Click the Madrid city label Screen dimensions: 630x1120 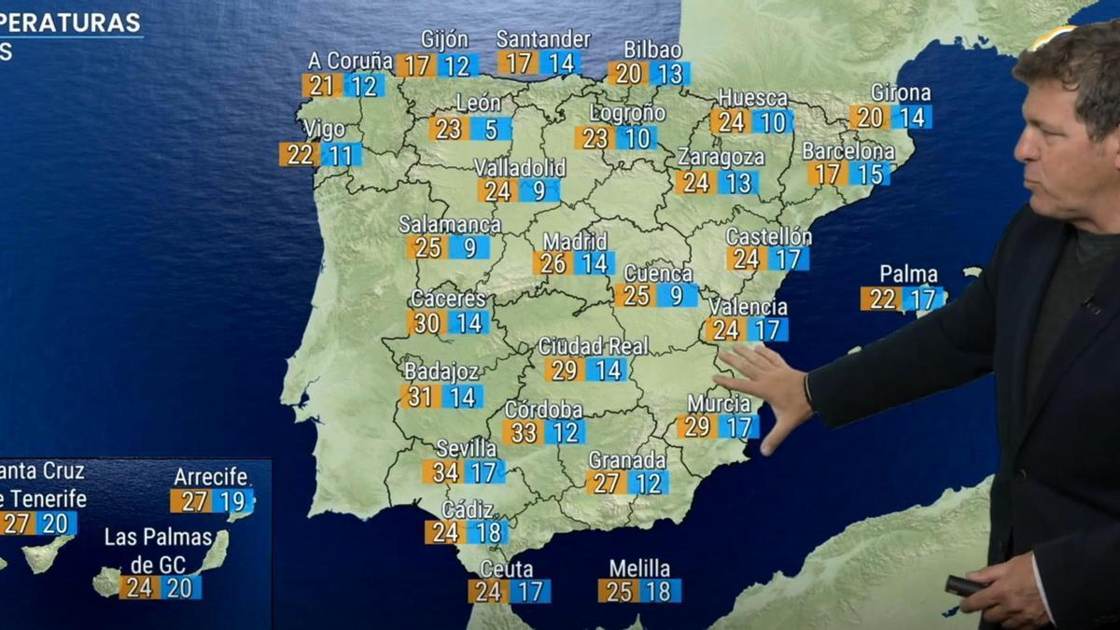[575, 242]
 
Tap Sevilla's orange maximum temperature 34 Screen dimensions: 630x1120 [444, 472]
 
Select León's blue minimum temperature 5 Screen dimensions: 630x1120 [491, 129]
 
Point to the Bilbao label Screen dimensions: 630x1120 [652, 50]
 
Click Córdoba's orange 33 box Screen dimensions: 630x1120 [525, 432]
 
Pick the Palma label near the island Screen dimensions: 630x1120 [908, 274]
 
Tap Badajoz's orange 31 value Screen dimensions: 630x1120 [421, 397]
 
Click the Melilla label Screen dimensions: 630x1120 [639, 568]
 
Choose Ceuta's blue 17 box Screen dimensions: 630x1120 [530, 591]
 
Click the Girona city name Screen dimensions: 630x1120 [901, 93]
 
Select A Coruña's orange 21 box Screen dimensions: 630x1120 [322, 86]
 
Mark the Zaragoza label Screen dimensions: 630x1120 [721, 157]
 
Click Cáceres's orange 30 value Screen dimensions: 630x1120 [427, 323]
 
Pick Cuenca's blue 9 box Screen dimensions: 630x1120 [676, 296]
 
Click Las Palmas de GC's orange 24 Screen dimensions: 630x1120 [139, 588]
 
